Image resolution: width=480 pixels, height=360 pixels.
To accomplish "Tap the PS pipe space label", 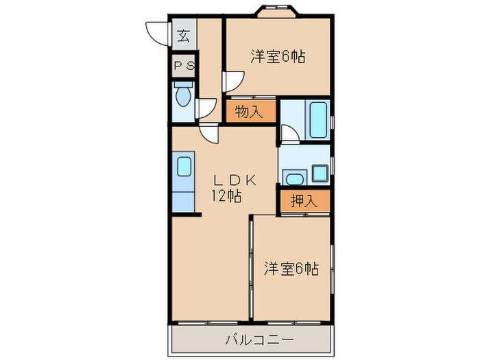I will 184,67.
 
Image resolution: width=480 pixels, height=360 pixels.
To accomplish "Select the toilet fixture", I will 182,95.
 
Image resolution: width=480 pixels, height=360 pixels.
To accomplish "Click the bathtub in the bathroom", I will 317,120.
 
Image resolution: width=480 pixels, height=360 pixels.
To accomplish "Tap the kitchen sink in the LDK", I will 183,167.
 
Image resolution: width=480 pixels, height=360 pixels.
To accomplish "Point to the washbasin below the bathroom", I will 293,180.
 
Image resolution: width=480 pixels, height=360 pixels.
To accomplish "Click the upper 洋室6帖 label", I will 277,57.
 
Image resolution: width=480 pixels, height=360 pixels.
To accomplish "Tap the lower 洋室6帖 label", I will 291,268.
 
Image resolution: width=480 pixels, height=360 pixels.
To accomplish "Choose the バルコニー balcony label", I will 250,339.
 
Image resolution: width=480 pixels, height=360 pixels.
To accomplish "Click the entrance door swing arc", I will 157,33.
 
